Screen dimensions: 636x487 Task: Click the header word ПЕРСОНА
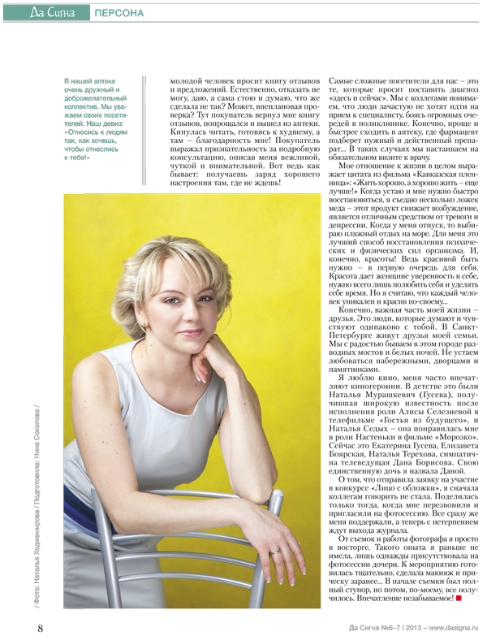click(x=119, y=13)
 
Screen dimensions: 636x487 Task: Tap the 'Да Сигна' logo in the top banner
click(x=53, y=12)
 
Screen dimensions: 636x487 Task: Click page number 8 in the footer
click(x=40, y=626)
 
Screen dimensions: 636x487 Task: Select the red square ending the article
click(x=459, y=598)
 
